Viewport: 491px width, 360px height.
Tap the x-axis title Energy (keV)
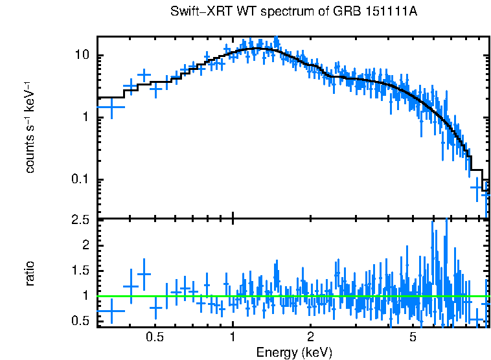coord(294,352)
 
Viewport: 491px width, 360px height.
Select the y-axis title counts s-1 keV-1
coord(30,127)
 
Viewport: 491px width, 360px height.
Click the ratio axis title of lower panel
coord(30,273)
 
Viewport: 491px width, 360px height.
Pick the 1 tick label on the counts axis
coord(85,117)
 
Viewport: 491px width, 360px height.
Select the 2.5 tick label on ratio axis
coord(80,220)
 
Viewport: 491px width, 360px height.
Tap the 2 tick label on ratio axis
coord(85,245)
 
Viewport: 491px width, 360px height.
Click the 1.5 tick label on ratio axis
coord(80,270)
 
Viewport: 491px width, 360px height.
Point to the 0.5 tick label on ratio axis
coord(80,321)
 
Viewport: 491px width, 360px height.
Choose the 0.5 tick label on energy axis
coord(154,337)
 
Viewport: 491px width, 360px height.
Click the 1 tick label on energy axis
coord(233,337)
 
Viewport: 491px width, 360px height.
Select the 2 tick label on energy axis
coord(311,337)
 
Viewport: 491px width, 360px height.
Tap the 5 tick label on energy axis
coord(413,337)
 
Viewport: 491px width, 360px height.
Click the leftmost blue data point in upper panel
coord(111,107)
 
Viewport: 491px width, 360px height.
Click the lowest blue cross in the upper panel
coord(486,193)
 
